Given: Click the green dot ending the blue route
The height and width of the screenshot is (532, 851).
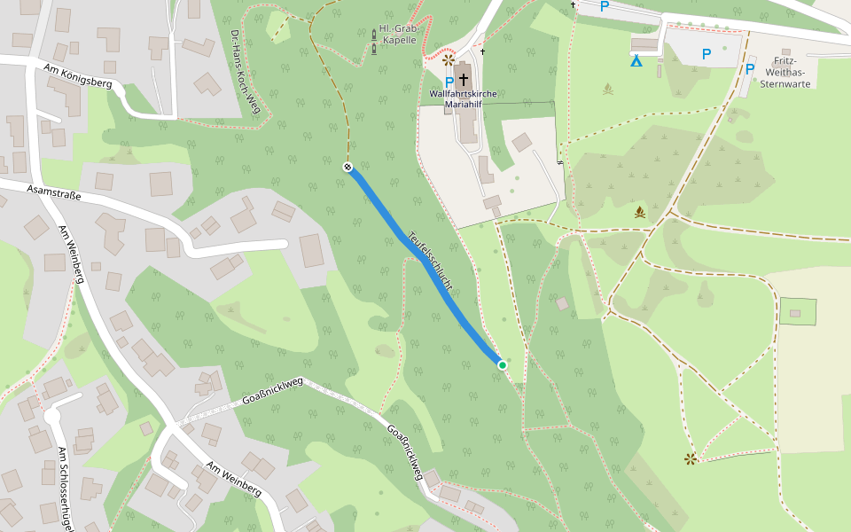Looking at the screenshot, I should point(502,364).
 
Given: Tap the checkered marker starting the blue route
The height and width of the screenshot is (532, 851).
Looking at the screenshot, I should point(347,166).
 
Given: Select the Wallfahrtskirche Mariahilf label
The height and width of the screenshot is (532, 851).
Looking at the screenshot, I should point(463,98).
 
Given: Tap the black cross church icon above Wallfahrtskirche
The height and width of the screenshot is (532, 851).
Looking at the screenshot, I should point(463,80).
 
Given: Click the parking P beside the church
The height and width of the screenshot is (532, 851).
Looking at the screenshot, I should point(449,82).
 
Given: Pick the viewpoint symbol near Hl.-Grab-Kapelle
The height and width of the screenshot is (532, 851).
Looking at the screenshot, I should point(449,60).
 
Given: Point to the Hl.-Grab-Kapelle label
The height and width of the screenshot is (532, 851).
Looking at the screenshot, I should point(397,34).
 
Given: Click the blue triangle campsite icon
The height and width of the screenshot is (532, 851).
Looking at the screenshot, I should point(636,61).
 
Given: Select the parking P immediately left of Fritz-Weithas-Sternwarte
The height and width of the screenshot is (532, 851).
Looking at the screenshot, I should point(750,69).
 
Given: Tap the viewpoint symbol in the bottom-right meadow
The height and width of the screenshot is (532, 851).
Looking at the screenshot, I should point(691,458).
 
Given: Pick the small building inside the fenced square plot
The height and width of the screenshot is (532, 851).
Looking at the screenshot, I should point(795,312).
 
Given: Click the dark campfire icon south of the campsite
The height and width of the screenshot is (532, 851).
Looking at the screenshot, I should point(639,213).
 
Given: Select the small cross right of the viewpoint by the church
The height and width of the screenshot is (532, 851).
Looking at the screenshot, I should point(483,51).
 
